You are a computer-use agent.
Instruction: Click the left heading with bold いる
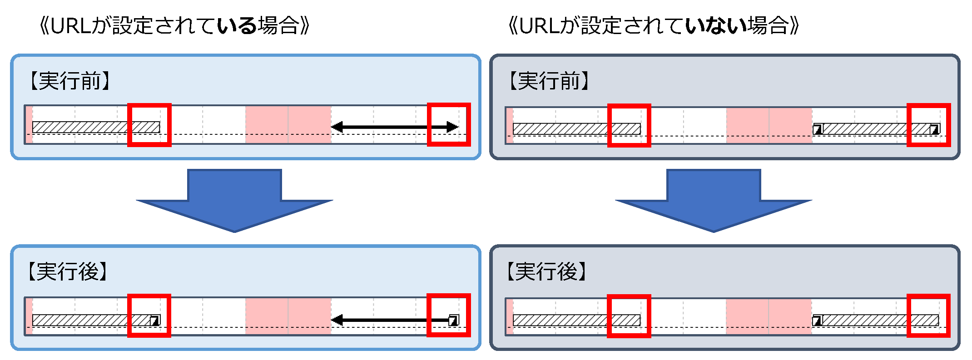click(174, 25)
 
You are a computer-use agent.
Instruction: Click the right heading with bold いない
click(653, 25)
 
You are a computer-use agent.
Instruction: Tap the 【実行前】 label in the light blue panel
click(69, 81)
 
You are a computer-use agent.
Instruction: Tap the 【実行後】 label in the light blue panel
click(68, 271)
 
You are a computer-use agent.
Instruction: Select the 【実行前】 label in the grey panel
click(549, 81)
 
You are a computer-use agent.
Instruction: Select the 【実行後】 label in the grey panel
click(547, 271)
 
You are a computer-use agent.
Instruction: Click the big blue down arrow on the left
click(234, 200)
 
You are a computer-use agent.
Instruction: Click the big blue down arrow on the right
click(714, 200)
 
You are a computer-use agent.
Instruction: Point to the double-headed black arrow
click(394, 127)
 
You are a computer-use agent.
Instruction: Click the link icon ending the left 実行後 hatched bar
click(155, 321)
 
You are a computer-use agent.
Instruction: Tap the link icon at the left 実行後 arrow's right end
click(453, 321)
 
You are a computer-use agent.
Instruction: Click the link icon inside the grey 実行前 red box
click(934, 129)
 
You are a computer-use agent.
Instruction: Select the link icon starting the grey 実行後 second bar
click(818, 321)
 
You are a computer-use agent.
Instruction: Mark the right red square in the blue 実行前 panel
click(449, 125)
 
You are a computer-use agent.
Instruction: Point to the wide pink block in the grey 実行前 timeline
click(769, 126)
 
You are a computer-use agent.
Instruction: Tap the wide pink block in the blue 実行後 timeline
click(288, 316)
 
